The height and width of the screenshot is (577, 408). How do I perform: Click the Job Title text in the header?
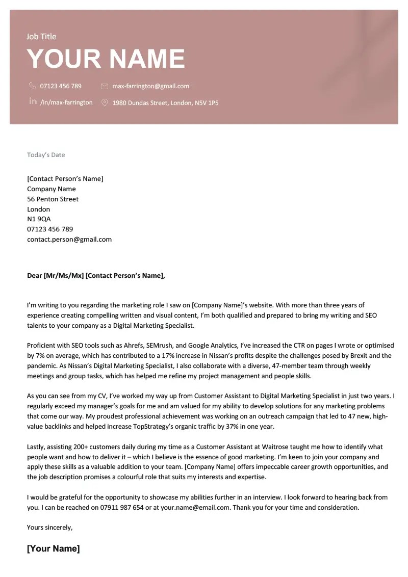point(41,37)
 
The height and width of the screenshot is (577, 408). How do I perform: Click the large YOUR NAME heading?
point(106,59)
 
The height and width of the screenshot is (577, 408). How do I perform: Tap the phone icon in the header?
point(33,86)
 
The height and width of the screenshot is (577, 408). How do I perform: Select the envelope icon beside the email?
point(105,86)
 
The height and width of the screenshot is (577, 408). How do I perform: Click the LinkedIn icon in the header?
point(33,101)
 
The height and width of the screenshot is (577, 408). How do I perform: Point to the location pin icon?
point(105,102)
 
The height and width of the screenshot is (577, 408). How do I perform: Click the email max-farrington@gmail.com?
point(150,86)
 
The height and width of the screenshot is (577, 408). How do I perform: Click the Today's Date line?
point(46,155)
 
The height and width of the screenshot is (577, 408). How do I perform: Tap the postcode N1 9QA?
point(39,219)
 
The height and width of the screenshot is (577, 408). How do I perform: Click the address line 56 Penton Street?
point(53,199)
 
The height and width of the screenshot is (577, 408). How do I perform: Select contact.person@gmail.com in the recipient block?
point(69,240)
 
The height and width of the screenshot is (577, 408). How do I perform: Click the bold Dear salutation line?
point(96,276)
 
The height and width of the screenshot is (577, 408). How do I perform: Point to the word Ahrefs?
point(134,346)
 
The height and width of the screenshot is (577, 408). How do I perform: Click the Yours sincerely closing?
point(49,528)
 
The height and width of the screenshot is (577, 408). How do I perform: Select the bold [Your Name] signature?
point(53,549)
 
